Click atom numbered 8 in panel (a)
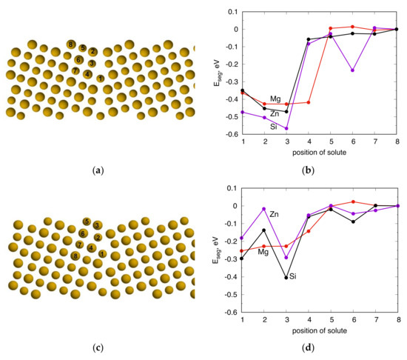pos(71,45)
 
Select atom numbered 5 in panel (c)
pos(87,221)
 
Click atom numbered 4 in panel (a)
pos(88,73)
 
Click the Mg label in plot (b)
pos(275,99)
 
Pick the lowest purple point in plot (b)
pos(286,129)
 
